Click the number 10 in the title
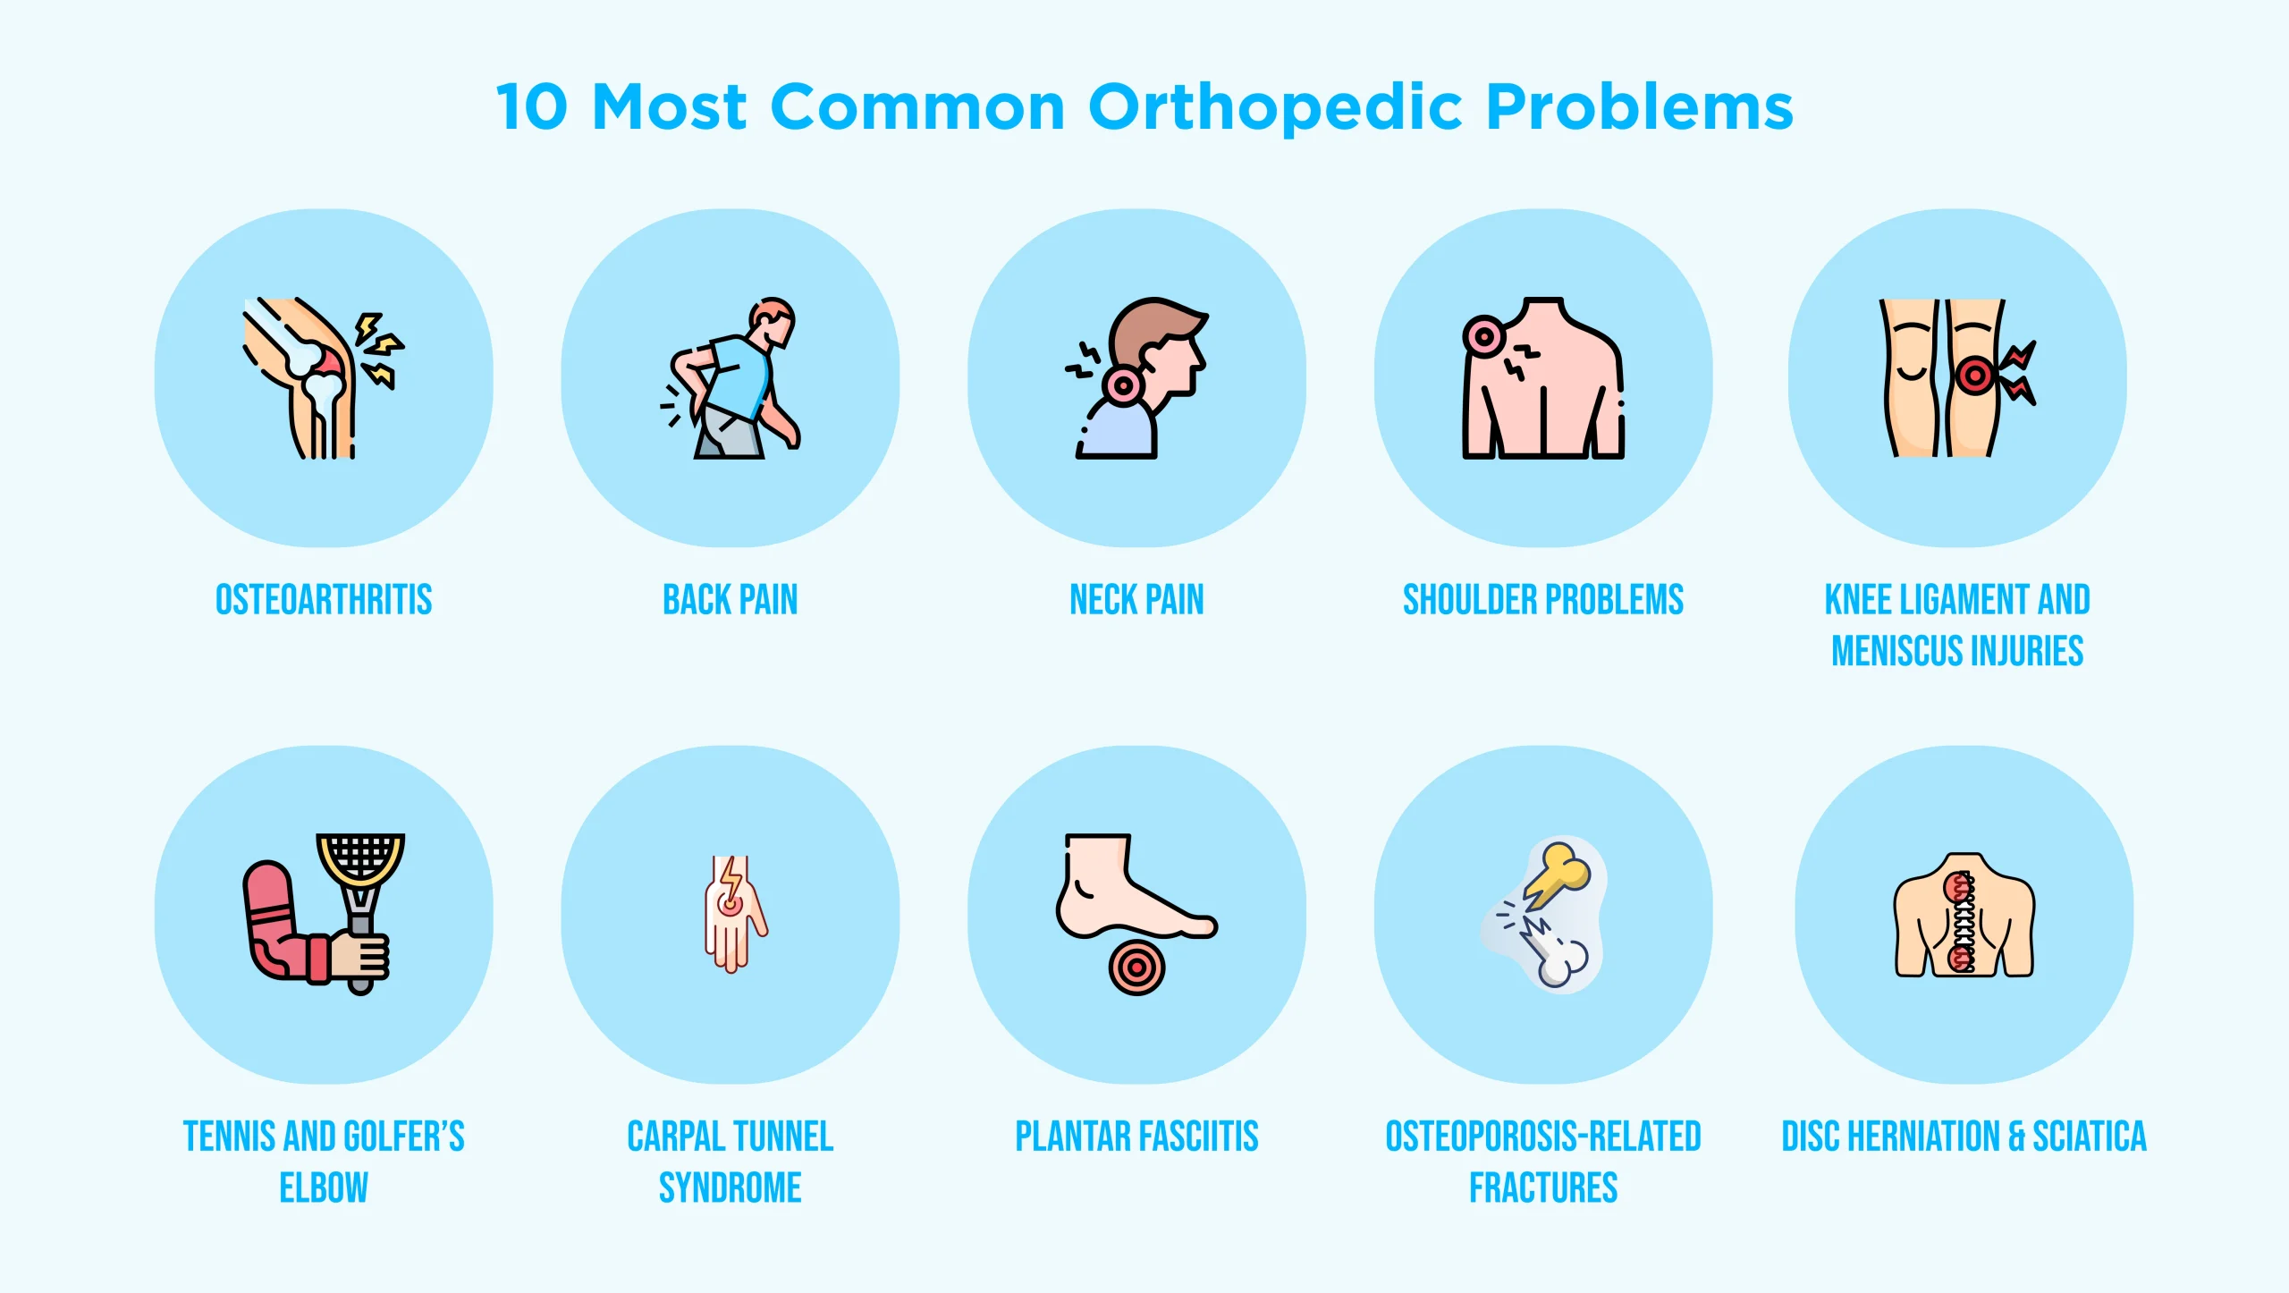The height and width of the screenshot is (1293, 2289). [533, 107]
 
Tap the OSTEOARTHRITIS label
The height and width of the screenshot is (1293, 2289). [324, 599]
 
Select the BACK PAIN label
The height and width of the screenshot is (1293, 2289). [730, 599]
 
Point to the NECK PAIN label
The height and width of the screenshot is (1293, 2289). [1136, 599]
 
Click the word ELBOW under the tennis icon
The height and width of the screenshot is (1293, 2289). [324, 1187]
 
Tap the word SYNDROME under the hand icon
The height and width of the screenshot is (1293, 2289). [730, 1187]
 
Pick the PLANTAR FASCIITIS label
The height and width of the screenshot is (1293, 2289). [1136, 1137]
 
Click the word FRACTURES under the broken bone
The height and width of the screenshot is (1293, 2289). [1543, 1187]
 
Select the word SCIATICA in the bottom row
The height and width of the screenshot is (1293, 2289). [2089, 1137]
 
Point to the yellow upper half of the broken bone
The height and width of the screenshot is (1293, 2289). [1560, 872]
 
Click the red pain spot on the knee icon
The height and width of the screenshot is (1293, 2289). [1975, 375]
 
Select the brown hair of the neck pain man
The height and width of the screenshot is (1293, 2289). [1153, 324]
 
